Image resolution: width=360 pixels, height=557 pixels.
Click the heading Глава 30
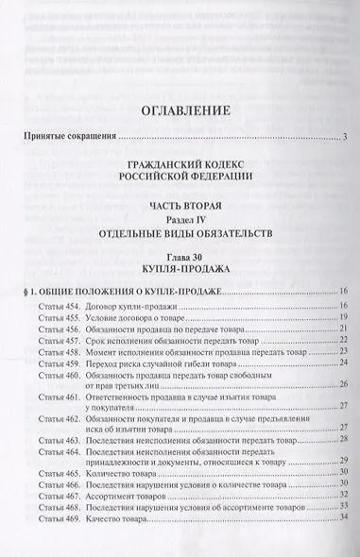[180, 254]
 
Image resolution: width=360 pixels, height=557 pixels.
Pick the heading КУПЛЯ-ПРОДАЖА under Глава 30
[180, 268]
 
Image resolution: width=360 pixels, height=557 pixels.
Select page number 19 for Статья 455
[344, 318]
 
